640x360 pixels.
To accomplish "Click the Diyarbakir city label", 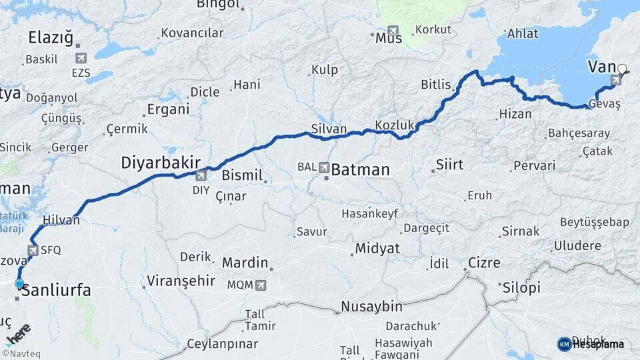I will [x=161, y=163].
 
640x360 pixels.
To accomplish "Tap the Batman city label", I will [x=360, y=170].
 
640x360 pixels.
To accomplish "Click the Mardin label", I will [x=245, y=263].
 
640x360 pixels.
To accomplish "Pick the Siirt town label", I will [x=449, y=164].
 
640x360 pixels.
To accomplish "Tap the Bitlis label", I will [x=436, y=85].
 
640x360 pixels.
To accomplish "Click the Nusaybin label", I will [x=371, y=307].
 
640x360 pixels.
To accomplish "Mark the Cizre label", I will [x=483, y=263].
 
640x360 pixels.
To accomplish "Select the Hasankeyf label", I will [x=369, y=214].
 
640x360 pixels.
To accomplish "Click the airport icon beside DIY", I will [x=201, y=176].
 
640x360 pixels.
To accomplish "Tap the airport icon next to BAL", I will [x=324, y=166].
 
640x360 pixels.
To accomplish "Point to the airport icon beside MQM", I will [x=260, y=285].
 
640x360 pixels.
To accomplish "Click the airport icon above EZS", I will [x=81, y=59].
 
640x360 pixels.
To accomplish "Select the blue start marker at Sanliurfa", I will [x=19, y=284].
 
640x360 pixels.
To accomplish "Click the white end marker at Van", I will [x=623, y=68].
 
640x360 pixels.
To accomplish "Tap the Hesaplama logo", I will [x=591, y=344].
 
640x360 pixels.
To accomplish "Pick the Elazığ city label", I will [x=51, y=38].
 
